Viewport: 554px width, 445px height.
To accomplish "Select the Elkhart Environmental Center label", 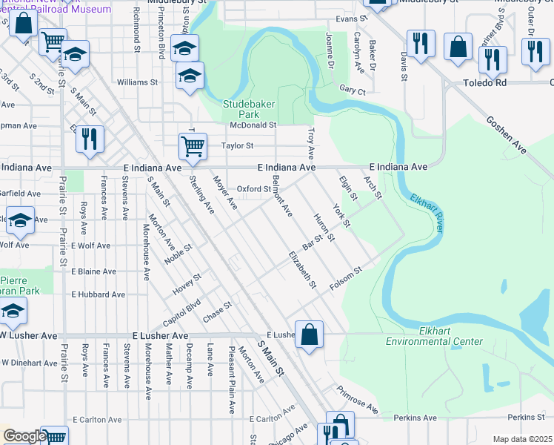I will [434, 336].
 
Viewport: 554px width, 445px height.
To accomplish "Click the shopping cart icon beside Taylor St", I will [193, 146].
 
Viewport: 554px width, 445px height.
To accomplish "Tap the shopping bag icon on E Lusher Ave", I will [310, 334].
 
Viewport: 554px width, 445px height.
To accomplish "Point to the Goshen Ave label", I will [506, 135].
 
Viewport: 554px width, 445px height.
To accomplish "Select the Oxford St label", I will [254, 189].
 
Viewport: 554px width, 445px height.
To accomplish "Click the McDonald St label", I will [253, 125].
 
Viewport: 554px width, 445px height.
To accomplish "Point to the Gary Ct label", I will [353, 90].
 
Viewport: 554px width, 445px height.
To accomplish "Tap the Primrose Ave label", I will [357, 399].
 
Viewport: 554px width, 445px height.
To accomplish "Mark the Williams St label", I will [133, 82].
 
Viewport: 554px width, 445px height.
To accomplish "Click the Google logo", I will [24, 436].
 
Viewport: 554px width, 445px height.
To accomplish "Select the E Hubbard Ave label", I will [98, 294].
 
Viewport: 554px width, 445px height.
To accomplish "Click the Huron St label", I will [324, 228].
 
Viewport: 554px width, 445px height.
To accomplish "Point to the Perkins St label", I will [527, 418].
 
